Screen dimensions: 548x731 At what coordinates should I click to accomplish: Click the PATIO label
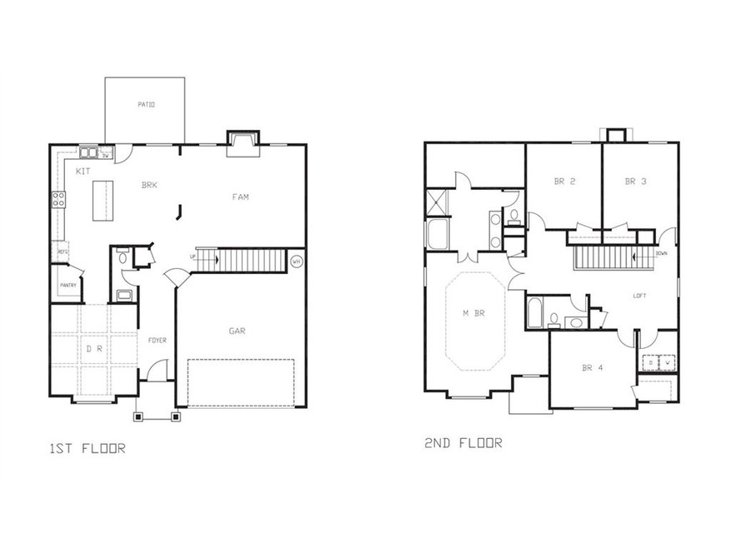click(145, 104)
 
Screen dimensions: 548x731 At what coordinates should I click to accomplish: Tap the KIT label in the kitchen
click(83, 171)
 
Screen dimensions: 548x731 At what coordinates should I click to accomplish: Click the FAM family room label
click(241, 197)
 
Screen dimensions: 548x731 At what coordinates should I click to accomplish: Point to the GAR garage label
click(238, 331)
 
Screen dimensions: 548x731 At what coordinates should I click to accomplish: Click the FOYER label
click(158, 340)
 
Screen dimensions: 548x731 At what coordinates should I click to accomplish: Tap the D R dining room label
click(93, 350)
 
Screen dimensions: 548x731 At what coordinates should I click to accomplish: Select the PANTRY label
click(68, 286)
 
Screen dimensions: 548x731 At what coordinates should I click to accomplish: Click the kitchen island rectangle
click(102, 201)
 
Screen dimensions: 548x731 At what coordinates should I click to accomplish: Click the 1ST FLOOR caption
click(87, 449)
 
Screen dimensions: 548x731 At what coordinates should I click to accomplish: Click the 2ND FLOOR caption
click(463, 443)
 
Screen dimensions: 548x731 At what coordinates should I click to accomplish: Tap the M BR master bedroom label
click(473, 313)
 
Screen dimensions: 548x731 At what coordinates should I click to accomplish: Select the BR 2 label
click(566, 181)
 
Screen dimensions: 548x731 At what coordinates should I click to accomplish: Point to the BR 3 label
click(637, 181)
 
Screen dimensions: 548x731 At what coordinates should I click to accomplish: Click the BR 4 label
click(593, 367)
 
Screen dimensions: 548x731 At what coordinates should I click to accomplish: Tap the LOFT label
click(640, 296)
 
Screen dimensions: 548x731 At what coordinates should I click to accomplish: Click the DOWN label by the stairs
click(661, 253)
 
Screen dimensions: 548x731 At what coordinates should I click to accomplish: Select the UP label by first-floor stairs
click(193, 257)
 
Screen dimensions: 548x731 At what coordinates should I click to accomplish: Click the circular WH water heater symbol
click(296, 262)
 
